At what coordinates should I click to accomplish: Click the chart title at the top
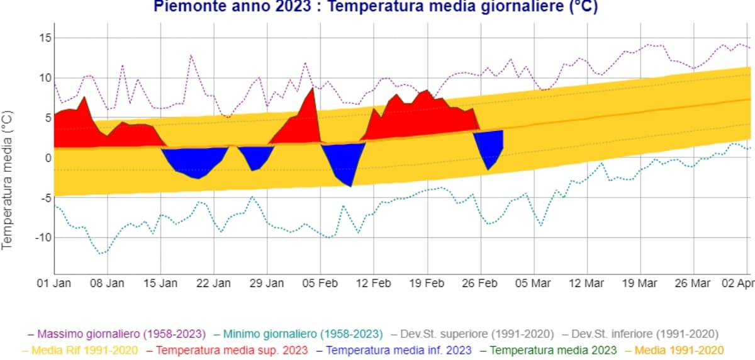tap(375, 7)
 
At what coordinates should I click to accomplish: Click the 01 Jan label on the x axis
tap(54, 283)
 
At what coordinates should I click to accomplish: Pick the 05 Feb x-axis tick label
tap(320, 283)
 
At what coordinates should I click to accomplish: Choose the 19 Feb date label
tap(427, 283)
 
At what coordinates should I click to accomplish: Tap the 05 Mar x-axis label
tap(534, 283)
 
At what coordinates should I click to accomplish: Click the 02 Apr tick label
tap(737, 283)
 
